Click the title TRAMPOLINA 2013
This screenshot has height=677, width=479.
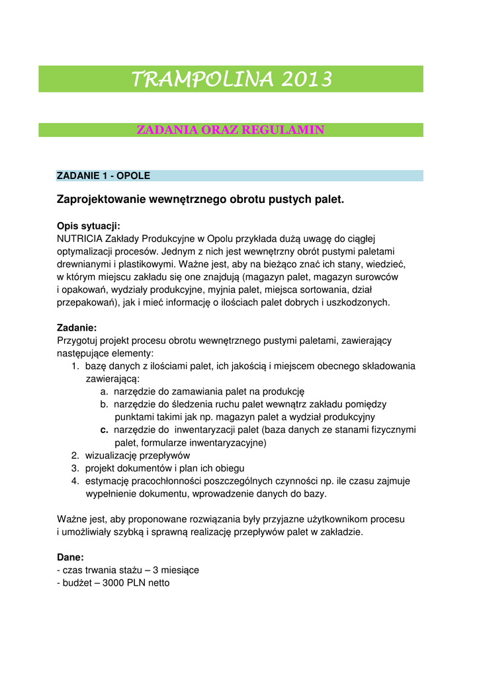click(x=231, y=80)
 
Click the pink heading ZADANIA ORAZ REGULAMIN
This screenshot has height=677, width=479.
click(x=230, y=130)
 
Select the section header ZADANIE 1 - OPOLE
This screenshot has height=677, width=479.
click(x=104, y=176)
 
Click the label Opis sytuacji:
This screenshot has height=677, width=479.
click(x=89, y=225)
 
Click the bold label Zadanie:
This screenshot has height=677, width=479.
click(x=77, y=327)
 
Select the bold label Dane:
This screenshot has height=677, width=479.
click(x=71, y=557)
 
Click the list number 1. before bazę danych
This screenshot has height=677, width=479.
click(x=75, y=366)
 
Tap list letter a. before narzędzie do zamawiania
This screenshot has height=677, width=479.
click(x=105, y=391)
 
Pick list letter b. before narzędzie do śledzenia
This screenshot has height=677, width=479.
click(x=105, y=404)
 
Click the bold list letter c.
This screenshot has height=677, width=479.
click(x=105, y=430)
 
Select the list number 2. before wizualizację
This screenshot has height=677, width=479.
click(x=75, y=456)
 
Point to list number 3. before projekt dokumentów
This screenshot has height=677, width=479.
click(x=75, y=468)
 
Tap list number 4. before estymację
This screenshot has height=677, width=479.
click(x=75, y=481)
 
